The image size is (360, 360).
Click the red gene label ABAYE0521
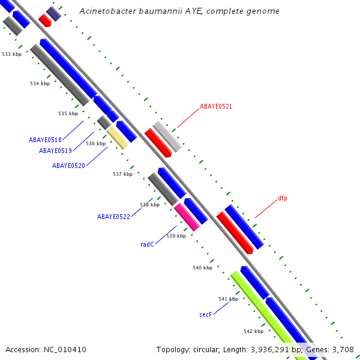216,106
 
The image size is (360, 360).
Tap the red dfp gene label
283,198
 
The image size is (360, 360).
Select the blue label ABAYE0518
45,140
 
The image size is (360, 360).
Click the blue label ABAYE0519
56,151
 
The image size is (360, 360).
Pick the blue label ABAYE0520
68,166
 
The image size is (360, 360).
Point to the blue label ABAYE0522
113,217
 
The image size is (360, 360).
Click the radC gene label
147,244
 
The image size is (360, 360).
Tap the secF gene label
205,314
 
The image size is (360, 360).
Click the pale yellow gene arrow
118,137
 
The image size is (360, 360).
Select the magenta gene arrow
187,217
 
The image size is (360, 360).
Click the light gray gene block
167,136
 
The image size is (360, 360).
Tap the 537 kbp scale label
122,174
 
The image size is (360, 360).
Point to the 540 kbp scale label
202,268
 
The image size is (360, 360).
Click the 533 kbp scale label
11,54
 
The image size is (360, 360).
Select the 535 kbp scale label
68,113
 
